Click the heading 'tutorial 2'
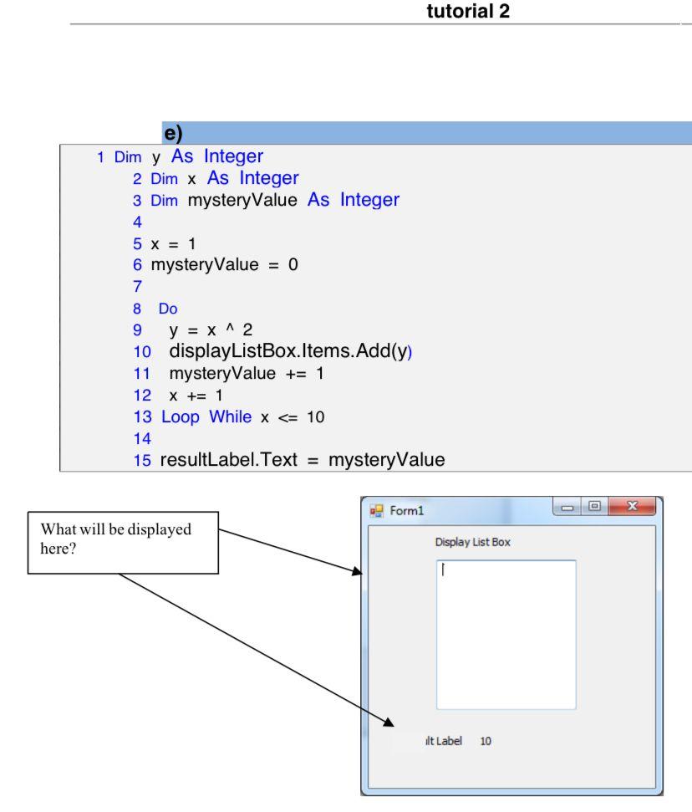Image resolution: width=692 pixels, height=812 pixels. pyautogui.click(x=467, y=12)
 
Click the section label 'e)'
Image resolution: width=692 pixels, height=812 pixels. pyautogui.click(x=173, y=133)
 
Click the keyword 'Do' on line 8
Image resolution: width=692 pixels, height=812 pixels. pyautogui.click(x=168, y=309)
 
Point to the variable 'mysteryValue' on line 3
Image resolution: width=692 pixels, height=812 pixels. pyautogui.click(x=242, y=200)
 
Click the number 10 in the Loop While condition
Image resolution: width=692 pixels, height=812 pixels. pyautogui.click(x=315, y=416)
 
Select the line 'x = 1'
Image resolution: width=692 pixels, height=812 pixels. pyautogui.click(x=173, y=243)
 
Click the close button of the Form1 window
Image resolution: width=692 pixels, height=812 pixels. pyautogui.click(x=631, y=507)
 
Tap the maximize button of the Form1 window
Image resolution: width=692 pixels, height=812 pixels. pyautogui.click(x=594, y=507)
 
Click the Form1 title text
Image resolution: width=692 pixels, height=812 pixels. pyautogui.click(x=407, y=511)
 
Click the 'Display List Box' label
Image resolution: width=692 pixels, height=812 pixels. pyautogui.click(x=472, y=542)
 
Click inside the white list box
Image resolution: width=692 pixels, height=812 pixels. pyautogui.click(x=506, y=636)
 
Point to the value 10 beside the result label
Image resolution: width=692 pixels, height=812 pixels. pyautogui.click(x=486, y=741)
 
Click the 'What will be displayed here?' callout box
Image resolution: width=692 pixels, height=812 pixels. pyautogui.click(x=123, y=542)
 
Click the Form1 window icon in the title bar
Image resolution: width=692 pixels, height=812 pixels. pyautogui.click(x=377, y=510)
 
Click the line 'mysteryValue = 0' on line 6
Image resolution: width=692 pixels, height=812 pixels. pyautogui.click(x=224, y=265)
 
